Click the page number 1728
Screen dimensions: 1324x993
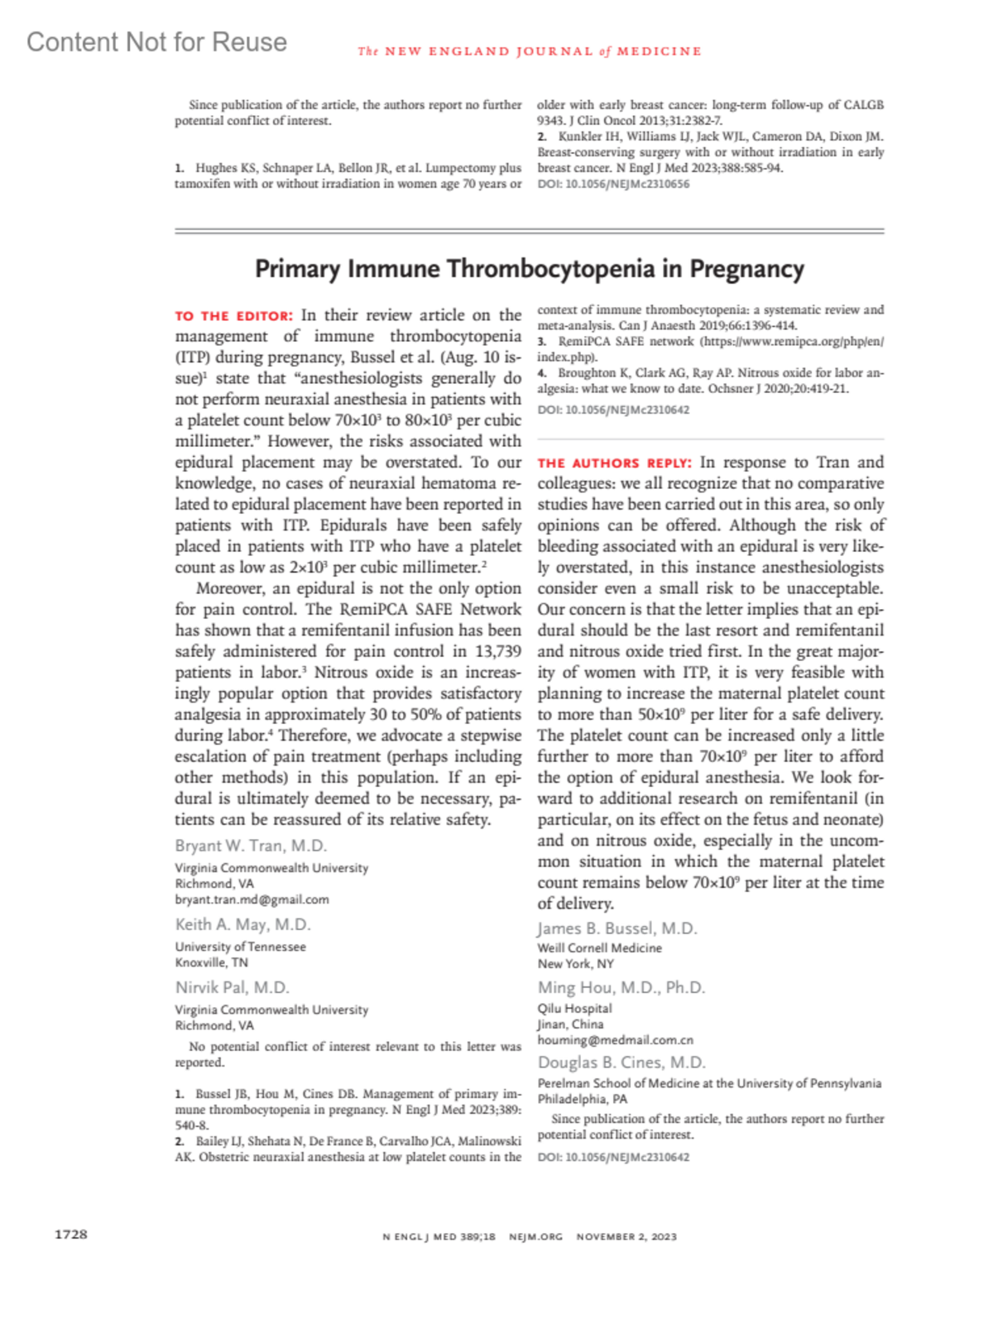tap(71, 1234)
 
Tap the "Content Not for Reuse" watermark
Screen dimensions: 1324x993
tap(157, 42)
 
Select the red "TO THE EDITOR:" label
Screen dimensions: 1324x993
tap(233, 316)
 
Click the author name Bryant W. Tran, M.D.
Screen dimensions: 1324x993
tap(251, 846)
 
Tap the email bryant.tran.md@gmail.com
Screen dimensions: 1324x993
tap(252, 899)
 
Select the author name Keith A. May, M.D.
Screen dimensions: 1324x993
tap(242, 924)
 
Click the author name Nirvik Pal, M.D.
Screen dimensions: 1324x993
tap(232, 987)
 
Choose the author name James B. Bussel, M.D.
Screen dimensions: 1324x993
tap(617, 928)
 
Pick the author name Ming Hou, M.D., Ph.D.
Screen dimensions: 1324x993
tap(621, 987)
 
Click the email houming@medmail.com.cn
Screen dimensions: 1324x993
tap(615, 1040)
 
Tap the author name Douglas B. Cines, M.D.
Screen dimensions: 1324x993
tap(621, 1063)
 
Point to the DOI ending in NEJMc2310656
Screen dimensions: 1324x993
tap(613, 184)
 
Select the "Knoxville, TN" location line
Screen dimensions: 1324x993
tap(211, 962)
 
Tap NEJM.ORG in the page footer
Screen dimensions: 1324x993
tap(535, 1236)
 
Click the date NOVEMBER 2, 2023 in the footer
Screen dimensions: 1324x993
tap(626, 1236)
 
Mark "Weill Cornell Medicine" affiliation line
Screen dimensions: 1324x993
tap(599, 948)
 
